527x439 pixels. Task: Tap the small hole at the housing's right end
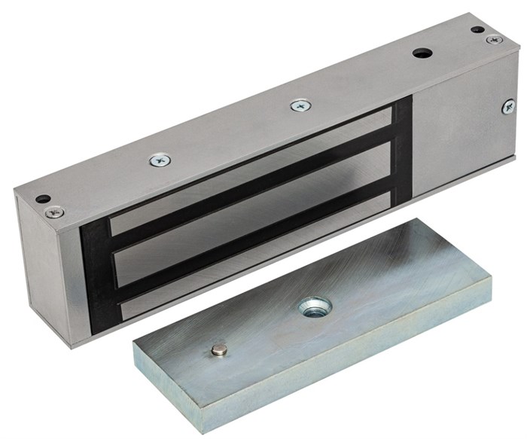[477, 30]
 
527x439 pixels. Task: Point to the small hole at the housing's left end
[43, 199]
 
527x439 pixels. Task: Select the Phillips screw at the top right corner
[494, 39]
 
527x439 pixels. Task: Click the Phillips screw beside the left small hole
[54, 212]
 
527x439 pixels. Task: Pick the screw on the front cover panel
[509, 107]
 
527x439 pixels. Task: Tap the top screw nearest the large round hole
[300, 106]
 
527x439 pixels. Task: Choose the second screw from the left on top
[160, 160]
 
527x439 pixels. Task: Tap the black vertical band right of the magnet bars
[403, 151]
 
